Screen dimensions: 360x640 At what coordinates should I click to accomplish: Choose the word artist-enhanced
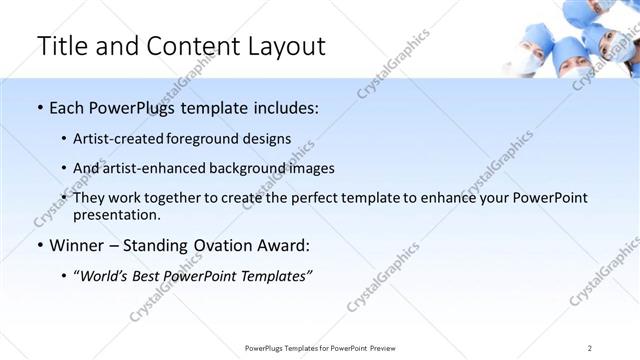click(x=153, y=168)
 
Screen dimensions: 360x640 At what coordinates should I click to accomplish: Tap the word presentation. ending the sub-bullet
click(x=116, y=214)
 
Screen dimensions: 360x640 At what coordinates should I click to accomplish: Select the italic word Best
click(x=155, y=275)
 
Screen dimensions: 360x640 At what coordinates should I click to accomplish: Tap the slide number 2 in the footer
click(x=590, y=347)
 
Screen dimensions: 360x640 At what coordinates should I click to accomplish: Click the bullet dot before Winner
click(x=39, y=245)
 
